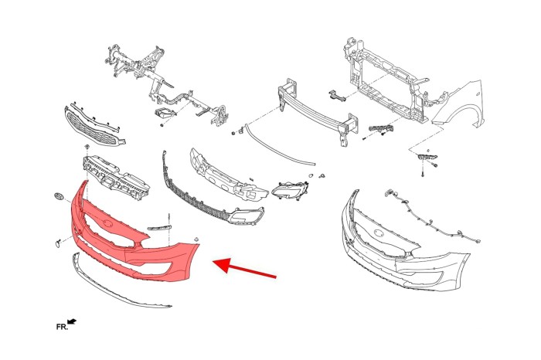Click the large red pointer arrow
pos(245,267)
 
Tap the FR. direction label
pos(62,327)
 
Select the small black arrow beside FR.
pos(72,321)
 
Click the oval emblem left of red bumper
pos(59,196)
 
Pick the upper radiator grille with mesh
pos(94,127)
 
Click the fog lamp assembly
pos(290,189)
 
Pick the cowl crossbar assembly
pos(165,87)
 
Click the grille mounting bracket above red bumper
pos(116,177)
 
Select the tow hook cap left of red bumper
pos(56,244)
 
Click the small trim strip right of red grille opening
pos(159,228)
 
